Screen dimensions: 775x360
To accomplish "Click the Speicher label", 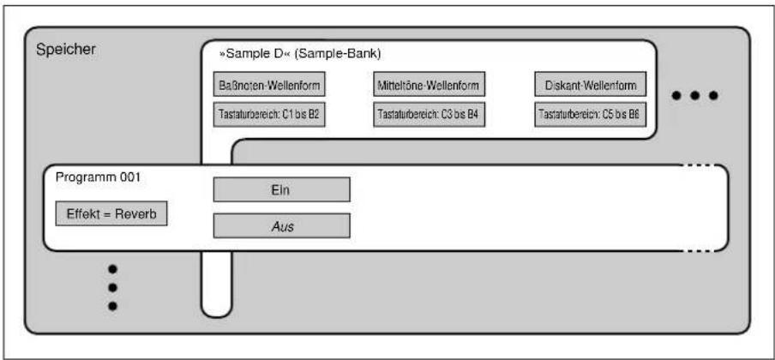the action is [x=66, y=50].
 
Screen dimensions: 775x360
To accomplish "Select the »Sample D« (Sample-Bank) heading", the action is [x=300, y=54].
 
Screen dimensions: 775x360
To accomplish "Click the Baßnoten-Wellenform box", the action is [x=269, y=84].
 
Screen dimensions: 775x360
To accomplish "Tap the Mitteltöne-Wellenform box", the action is [x=429, y=84].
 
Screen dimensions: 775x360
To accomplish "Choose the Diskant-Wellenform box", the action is [x=590, y=84].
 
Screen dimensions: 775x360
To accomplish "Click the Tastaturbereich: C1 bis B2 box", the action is [x=269, y=114].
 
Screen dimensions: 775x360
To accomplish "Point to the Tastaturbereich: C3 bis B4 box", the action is [x=429, y=114].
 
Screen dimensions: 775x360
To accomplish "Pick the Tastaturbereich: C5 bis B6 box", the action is [x=590, y=114].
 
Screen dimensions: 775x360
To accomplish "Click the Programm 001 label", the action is [x=98, y=177].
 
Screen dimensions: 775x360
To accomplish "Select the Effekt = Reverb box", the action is [x=111, y=213].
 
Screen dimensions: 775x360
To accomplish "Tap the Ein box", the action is [x=282, y=189].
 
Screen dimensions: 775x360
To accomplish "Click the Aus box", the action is [x=282, y=225].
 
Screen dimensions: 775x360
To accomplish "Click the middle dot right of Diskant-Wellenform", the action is [x=694, y=95].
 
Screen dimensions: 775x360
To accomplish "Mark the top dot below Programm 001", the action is [x=112, y=269].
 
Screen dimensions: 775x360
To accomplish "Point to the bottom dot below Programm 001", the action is [x=112, y=306].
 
